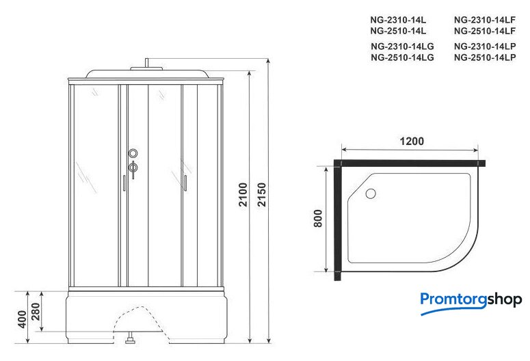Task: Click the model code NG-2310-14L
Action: [398, 20]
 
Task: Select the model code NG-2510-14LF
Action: [485, 31]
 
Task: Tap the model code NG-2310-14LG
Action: [402, 46]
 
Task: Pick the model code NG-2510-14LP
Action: [485, 57]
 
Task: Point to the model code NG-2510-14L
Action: [398, 31]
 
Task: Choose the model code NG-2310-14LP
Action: [485, 46]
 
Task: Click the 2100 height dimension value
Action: [243, 195]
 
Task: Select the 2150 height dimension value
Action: [262, 195]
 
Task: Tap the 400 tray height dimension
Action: [22, 319]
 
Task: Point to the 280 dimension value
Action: [36, 312]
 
